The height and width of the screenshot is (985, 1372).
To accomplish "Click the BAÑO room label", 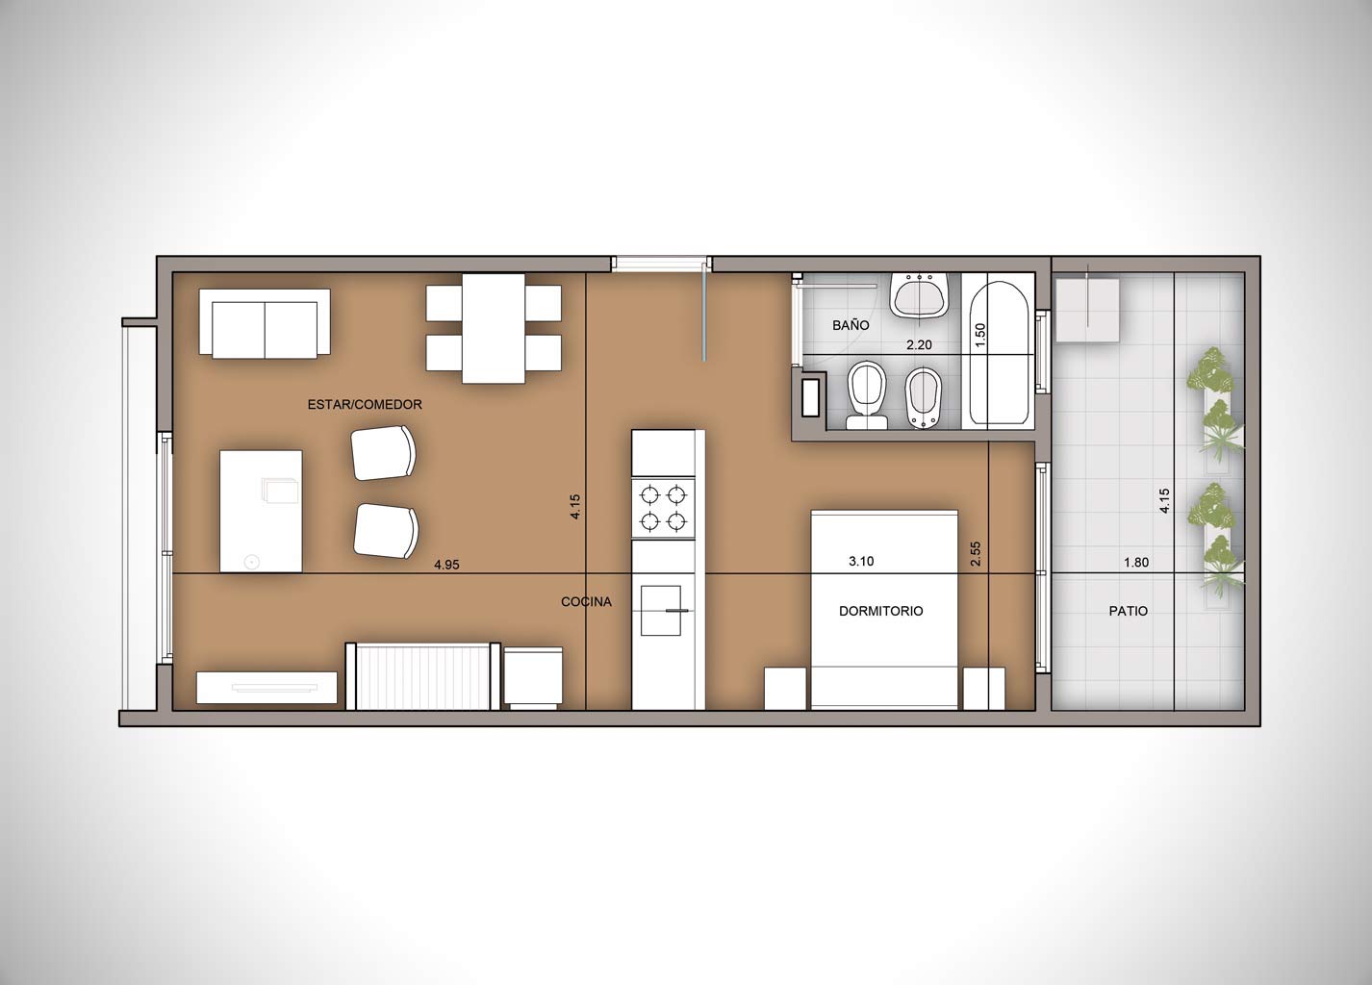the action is click(x=851, y=325).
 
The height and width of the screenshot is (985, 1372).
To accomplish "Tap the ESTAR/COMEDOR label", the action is click(x=365, y=405).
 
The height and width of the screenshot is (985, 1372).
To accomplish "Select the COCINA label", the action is click(x=586, y=602).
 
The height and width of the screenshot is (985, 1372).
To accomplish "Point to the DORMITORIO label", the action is click(x=880, y=611).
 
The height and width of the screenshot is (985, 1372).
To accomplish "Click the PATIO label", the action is click(x=1129, y=611).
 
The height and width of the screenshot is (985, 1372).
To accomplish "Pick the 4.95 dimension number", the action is click(x=446, y=565).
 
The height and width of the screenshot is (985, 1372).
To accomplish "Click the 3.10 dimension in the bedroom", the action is click(x=861, y=562).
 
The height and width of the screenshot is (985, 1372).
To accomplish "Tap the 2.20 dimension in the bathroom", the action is click(x=920, y=345).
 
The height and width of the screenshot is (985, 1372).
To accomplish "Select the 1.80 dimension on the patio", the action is click(x=1136, y=563).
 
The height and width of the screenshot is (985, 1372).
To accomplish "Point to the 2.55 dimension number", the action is click(x=976, y=553).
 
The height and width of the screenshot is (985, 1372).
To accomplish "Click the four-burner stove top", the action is click(x=663, y=508).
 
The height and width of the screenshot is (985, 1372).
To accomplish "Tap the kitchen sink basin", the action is click(x=661, y=611).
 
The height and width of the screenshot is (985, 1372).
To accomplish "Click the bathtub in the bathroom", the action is click(x=998, y=353).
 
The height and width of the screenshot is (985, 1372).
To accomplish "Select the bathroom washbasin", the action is click(x=920, y=295).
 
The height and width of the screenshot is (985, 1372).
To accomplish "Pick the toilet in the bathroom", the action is click(x=867, y=394).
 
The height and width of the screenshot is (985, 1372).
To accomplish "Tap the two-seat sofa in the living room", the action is click(x=265, y=324).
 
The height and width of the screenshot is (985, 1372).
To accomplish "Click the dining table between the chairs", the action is click(x=494, y=328).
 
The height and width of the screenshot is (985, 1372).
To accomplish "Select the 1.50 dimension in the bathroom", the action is click(x=980, y=336).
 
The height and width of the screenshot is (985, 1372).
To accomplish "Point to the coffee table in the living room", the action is click(x=261, y=511).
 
